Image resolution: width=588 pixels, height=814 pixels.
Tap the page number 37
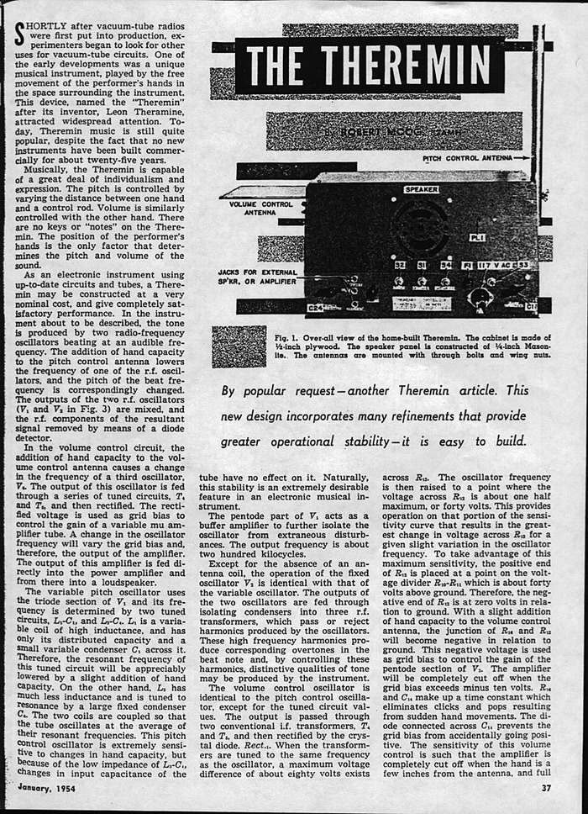(x=545, y=788)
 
